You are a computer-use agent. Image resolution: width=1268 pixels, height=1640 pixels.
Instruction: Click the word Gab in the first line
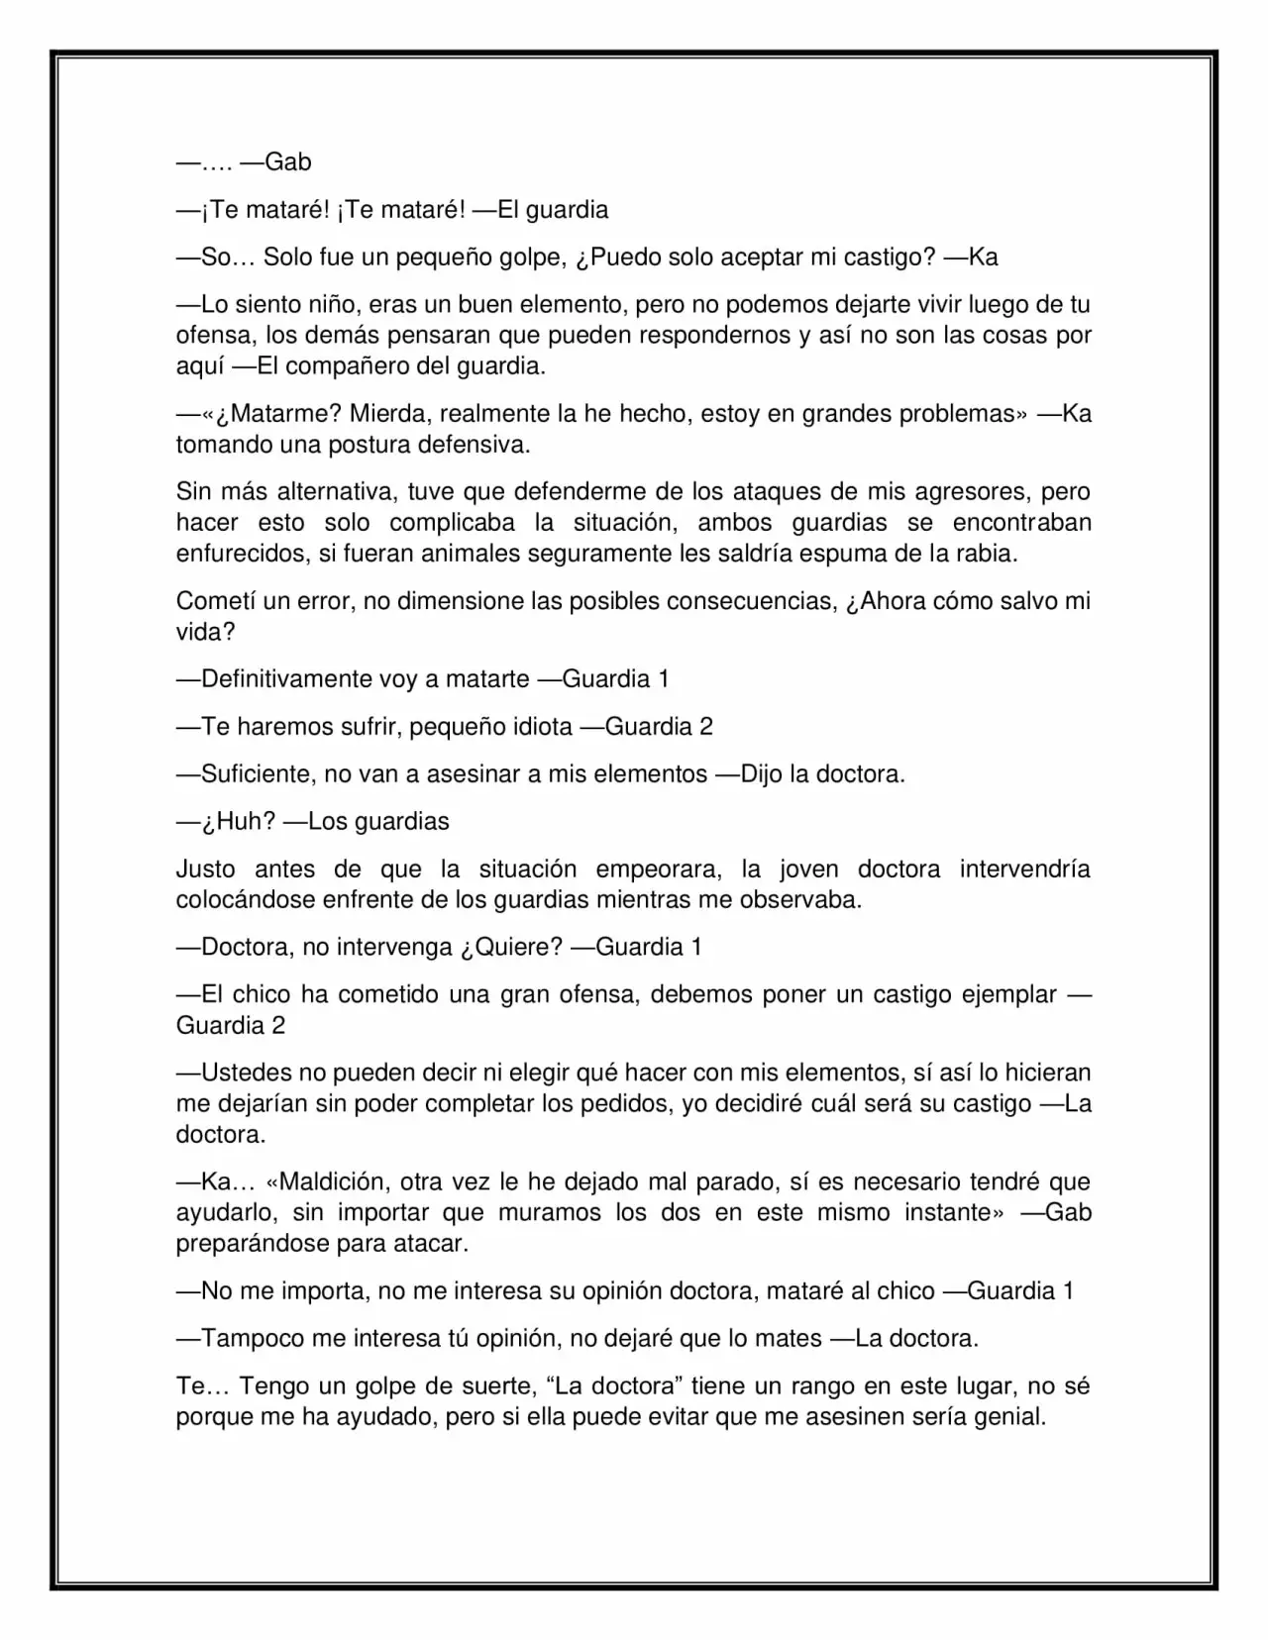click(x=288, y=161)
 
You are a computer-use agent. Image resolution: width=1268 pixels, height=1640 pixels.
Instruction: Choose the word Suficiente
click(x=258, y=773)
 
